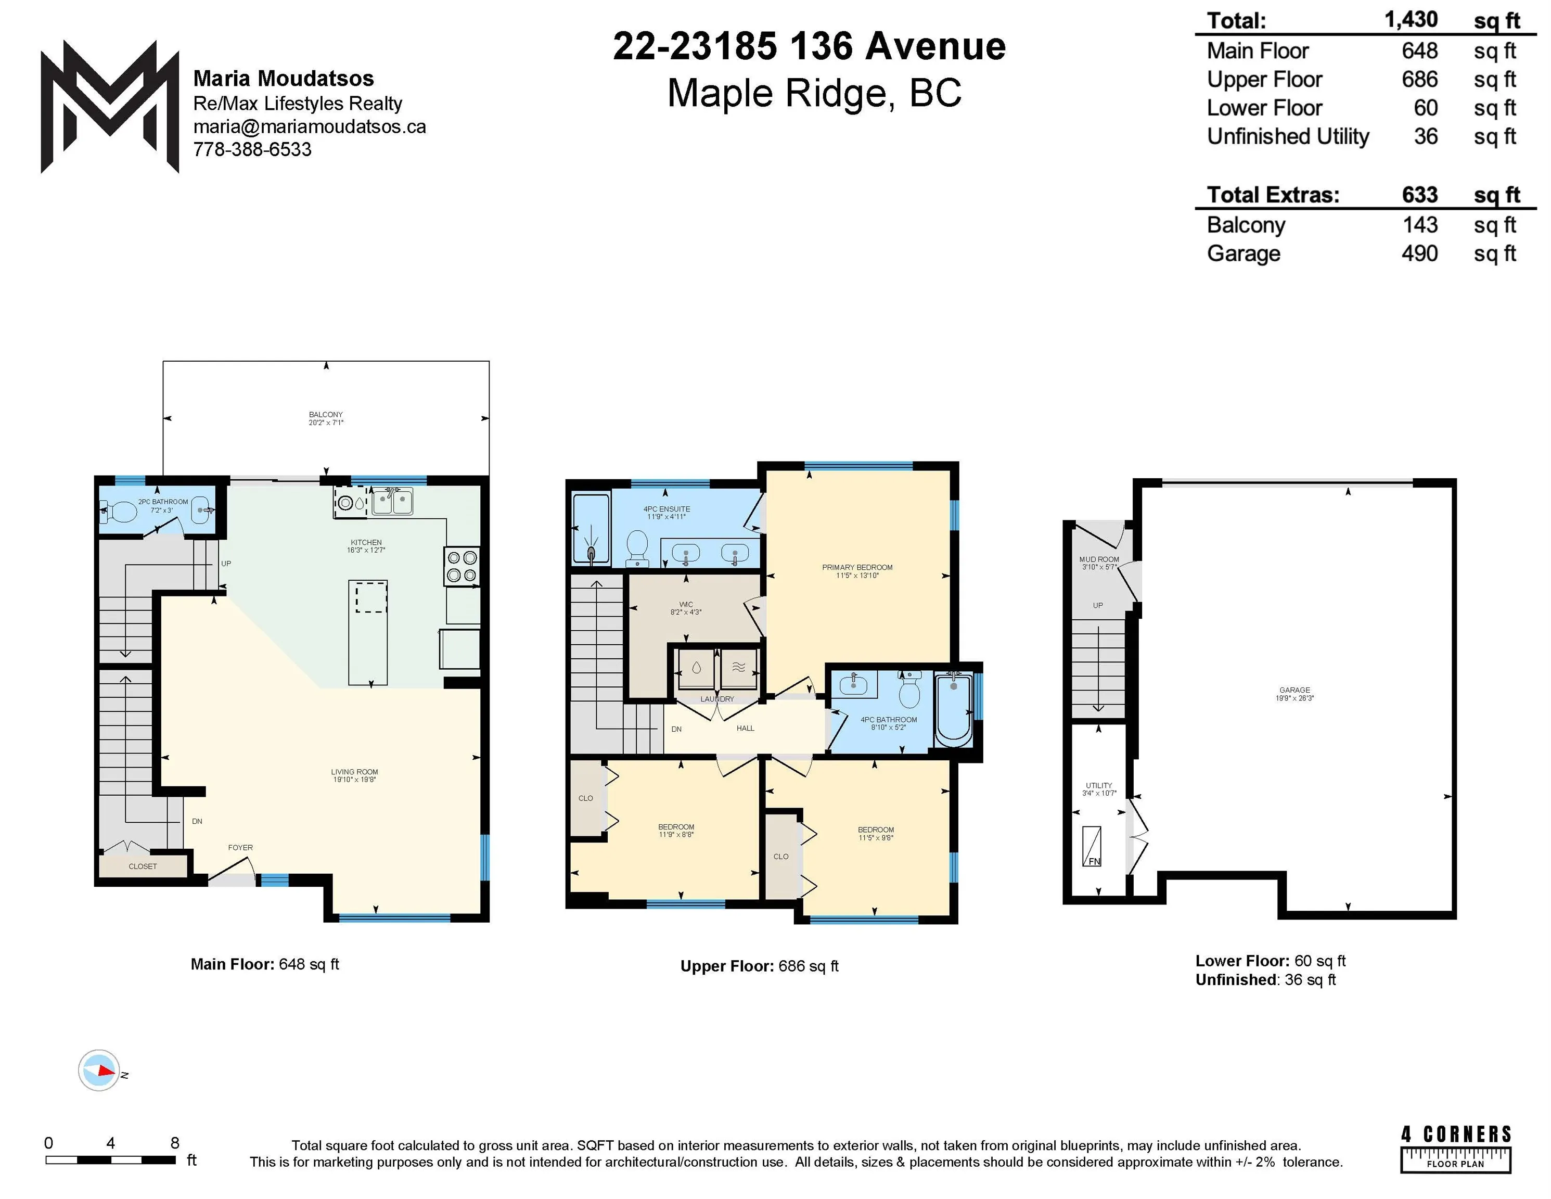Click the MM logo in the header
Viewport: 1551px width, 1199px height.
[110, 107]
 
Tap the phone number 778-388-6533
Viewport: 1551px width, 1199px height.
[252, 150]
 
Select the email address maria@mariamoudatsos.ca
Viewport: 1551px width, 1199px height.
[310, 127]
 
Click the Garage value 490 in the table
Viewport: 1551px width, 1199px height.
[1419, 253]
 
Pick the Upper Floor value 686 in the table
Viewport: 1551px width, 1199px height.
[1419, 80]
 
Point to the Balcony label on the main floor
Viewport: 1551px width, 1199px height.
[326, 415]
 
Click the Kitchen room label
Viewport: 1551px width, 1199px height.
[366, 543]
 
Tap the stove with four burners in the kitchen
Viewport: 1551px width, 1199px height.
[462, 566]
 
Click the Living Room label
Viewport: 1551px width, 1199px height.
[354, 772]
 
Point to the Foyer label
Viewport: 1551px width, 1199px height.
[241, 847]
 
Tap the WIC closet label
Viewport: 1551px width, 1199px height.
[686, 605]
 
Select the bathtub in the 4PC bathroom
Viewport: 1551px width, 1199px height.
[953, 710]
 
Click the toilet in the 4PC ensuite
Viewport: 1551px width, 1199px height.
[638, 549]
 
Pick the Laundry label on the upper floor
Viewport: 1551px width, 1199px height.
[717, 699]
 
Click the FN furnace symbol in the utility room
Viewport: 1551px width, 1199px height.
[1092, 847]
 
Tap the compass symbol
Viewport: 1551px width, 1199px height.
[99, 1070]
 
